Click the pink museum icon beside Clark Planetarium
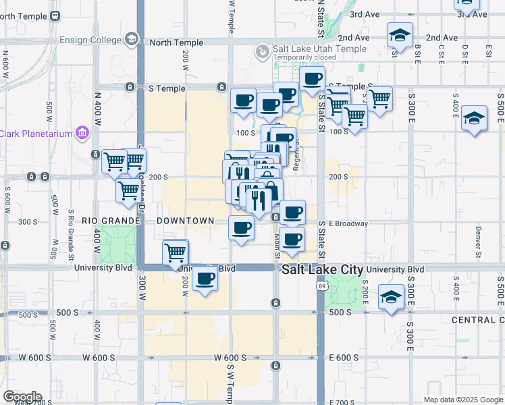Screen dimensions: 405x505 (82, 133)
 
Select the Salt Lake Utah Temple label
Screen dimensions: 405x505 (319, 49)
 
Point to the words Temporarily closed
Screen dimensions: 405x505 (304, 58)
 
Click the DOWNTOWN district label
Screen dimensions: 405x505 (185, 221)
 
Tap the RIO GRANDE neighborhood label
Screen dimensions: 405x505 (110, 221)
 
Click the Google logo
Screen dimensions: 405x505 (22, 397)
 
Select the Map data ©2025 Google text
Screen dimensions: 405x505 (462, 400)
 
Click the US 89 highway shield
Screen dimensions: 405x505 (321, 287)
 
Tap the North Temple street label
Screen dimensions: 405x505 (176, 43)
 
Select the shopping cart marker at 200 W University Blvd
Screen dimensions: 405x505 (176, 253)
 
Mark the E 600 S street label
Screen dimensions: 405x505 (343, 358)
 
